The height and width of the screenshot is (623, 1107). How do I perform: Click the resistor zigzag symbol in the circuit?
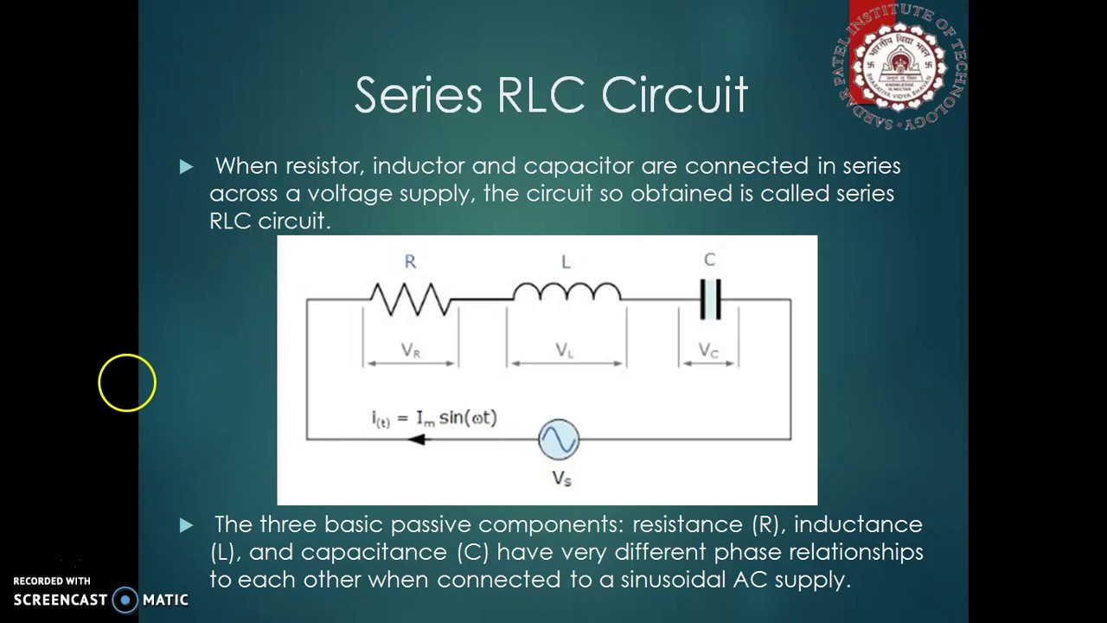pos(410,299)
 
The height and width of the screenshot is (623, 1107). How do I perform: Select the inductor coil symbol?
pos(566,292)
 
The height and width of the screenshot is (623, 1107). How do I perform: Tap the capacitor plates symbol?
pos(710,299)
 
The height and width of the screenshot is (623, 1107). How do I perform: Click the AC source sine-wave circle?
pos(559,440)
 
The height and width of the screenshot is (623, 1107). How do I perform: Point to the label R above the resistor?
pos(410,261)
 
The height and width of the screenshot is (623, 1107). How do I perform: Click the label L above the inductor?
pos(566,261)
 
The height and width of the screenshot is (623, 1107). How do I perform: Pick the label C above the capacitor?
pos(709,260)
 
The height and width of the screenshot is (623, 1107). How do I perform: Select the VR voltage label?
pos(411,350)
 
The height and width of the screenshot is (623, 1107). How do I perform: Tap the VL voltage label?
pos(565,350)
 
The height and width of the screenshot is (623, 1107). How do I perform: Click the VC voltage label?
pos(708,350)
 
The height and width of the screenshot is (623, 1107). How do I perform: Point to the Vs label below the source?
pos(562,478)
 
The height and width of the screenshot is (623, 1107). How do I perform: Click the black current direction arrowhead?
pos(417,440)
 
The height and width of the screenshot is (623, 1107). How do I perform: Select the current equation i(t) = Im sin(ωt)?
pos(434,418)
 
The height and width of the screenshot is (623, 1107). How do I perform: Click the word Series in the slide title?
pos(418,94)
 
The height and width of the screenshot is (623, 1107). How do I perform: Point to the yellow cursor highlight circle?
pos(127,382)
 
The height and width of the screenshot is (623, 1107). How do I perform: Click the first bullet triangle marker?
pos(186,166)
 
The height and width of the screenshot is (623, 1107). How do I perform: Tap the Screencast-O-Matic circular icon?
pos(125,600)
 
